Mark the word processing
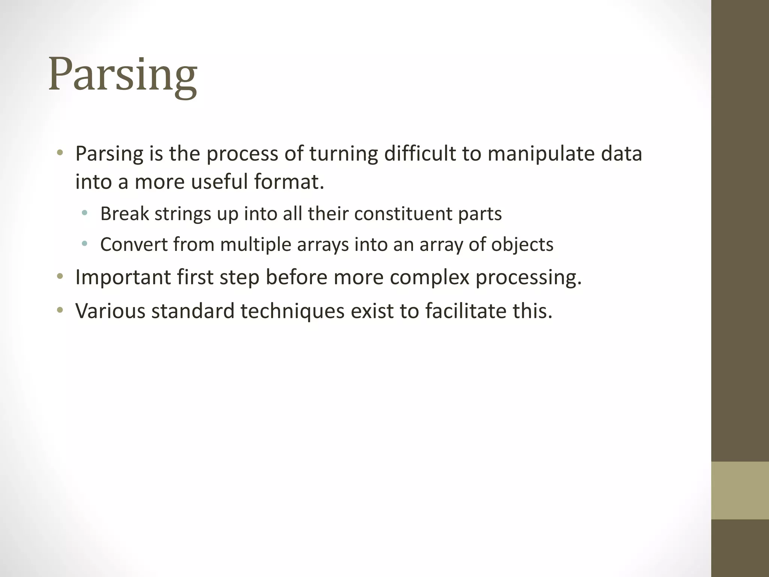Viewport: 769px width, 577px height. coord(529,277)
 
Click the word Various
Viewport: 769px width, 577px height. coord(110,311)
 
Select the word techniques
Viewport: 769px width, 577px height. coord(293,311)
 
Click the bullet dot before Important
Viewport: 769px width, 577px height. coord(60,277)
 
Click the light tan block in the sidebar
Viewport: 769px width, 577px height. coord(740,490)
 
